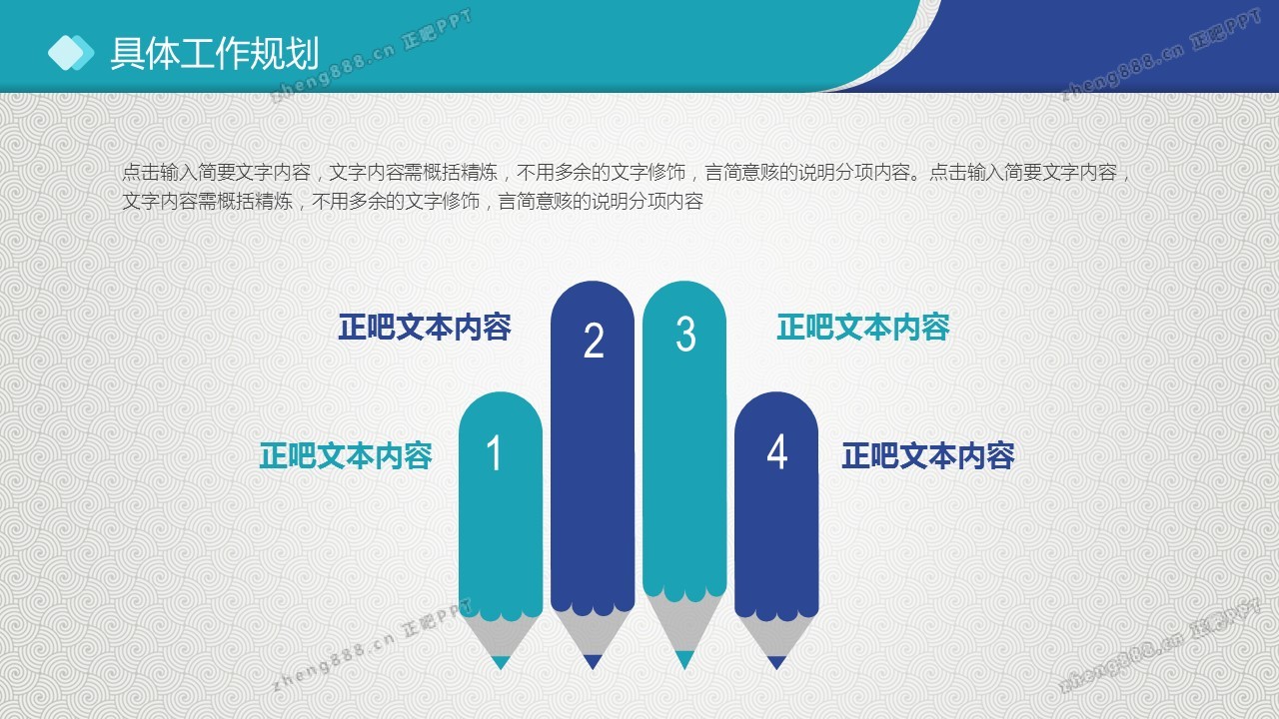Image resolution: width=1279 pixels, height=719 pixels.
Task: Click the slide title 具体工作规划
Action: point(214,53)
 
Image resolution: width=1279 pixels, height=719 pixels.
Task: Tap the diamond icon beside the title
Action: point(71,53)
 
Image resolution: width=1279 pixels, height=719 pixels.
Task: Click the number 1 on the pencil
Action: point(495,453)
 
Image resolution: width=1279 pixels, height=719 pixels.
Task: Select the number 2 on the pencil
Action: point(594,341)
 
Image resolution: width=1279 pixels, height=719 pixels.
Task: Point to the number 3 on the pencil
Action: point(685,334)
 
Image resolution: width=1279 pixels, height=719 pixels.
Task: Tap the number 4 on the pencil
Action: point(777,452)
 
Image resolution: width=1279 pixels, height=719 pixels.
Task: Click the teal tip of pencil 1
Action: point(501,662)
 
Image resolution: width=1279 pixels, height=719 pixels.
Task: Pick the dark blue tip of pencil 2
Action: point(593,662)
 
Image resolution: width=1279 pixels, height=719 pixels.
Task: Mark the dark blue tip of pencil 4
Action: point(776,662)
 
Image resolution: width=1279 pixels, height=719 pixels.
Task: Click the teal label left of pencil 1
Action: point(346,456)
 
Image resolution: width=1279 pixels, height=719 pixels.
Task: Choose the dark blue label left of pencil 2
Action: point(425,327)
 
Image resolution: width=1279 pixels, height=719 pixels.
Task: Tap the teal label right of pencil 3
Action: point(863,327)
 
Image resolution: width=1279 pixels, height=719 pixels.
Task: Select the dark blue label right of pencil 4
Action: point(928,456)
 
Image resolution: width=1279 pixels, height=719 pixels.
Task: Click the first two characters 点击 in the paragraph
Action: point(141,172)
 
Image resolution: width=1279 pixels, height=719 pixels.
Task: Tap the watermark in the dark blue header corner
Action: point(1160,55)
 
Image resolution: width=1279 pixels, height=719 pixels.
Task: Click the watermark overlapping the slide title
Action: point(371,55)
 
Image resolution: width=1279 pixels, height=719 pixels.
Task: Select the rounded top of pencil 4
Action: point(776,413)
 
